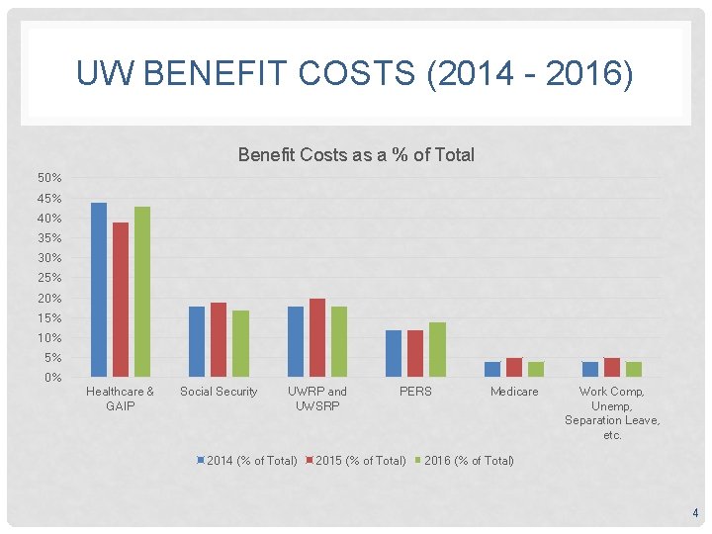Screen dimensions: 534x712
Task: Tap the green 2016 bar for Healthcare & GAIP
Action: [x=142, y=292]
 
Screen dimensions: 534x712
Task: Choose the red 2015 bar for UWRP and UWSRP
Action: [x=317, y=337]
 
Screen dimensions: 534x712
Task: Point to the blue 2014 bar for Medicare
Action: [x=492, y=369]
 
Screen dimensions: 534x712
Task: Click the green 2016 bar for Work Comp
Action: [x=634, y=369]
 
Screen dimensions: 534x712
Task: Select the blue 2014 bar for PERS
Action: [x=394, y=353]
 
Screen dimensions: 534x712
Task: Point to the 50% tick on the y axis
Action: [x=49, y=178]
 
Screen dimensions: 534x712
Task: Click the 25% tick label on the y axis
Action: [x=49, y=278]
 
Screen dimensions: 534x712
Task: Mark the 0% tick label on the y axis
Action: [x=52, y=378]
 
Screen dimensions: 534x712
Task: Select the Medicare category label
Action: [x=514, y=392]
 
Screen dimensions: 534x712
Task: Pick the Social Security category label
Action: [x=219, y=392]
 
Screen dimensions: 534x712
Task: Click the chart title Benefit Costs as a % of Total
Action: [x=356, y=155]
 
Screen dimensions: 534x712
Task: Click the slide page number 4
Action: [x=695, y=513]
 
